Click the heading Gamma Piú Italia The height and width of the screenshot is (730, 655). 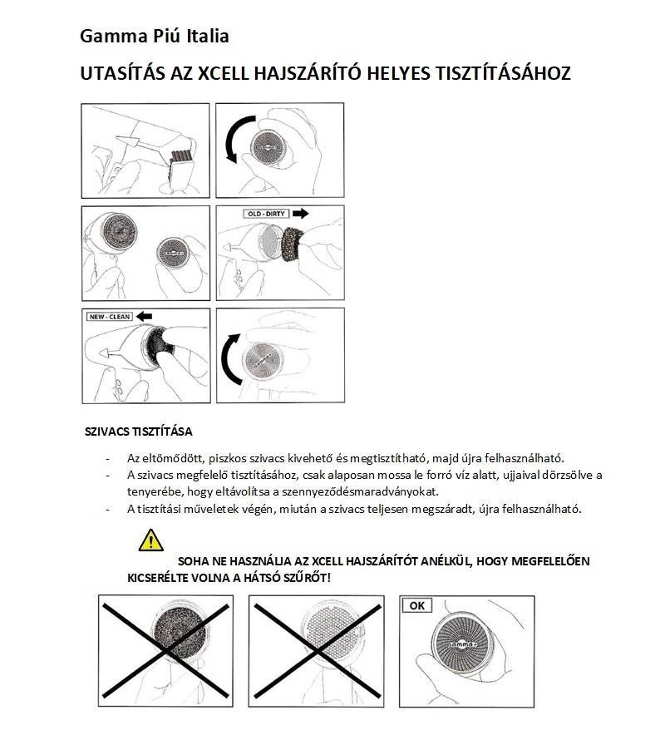pos(154,37)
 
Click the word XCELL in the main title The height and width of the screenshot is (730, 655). pos(226,73)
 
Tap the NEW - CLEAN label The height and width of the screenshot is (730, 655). pos(110,317)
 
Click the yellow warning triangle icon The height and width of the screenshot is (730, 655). pos(150,540)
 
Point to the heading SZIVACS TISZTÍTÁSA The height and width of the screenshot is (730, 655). pos(139,432)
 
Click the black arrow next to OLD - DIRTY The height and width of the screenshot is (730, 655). pos(298,214)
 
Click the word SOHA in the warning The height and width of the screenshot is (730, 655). pos(194,561)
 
